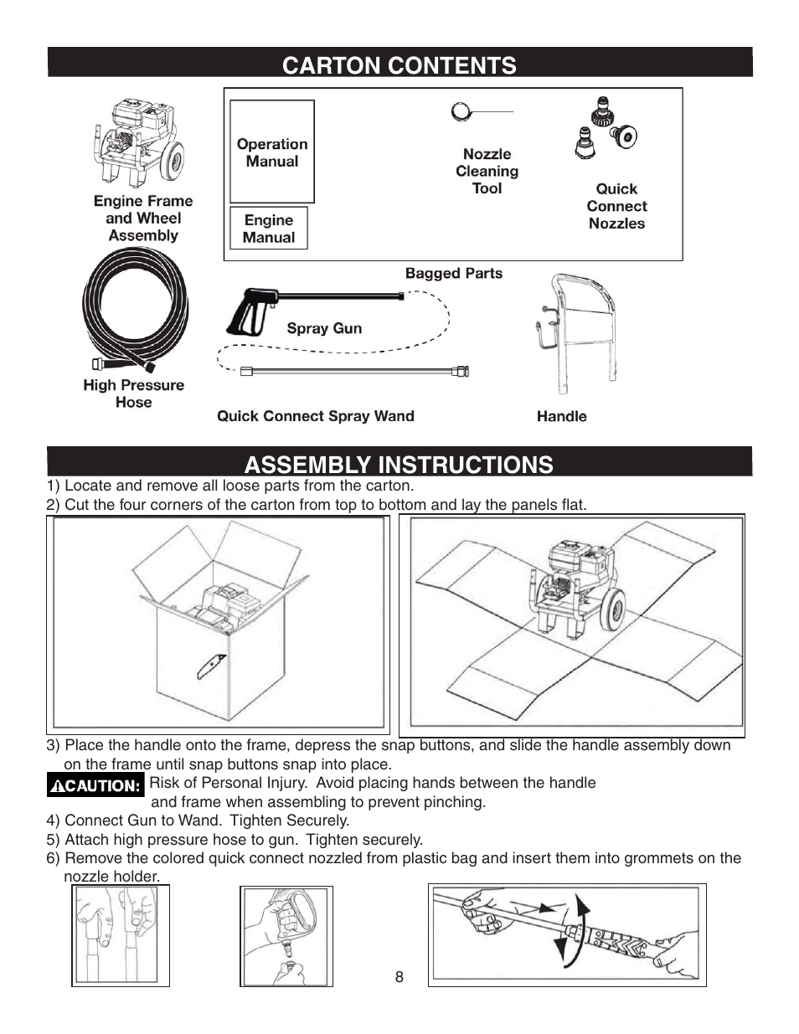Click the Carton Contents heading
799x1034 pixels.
pyautogui.click(x=399, y=64)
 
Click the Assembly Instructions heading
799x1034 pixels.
pyautogui.click(x=399, y=464)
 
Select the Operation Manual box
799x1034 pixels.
pyautogui.click(x=272, y=152)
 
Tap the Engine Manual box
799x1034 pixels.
pyautogui.click(x=269, y=229)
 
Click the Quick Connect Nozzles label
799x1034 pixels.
pyautogui.click(x=616, y=207)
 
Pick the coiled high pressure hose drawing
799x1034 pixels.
pyautogui.click(x=135, y=310)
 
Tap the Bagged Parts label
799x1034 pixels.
pyautogui.click(x=453, y=273)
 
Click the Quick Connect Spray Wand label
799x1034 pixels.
pyautogui.click(x=315, y=416)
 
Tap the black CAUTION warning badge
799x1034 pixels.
pyautogui.click(x=95, y=785)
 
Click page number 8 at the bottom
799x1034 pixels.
pyautogui.click(x=399, y=977)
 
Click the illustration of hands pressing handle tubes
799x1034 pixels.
pyautogui.click(x=121, y=935)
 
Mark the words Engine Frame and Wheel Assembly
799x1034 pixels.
pyautogui.click(x=142, y=219)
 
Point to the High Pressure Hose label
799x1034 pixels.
pyautogui.click(x=133, y=394)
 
